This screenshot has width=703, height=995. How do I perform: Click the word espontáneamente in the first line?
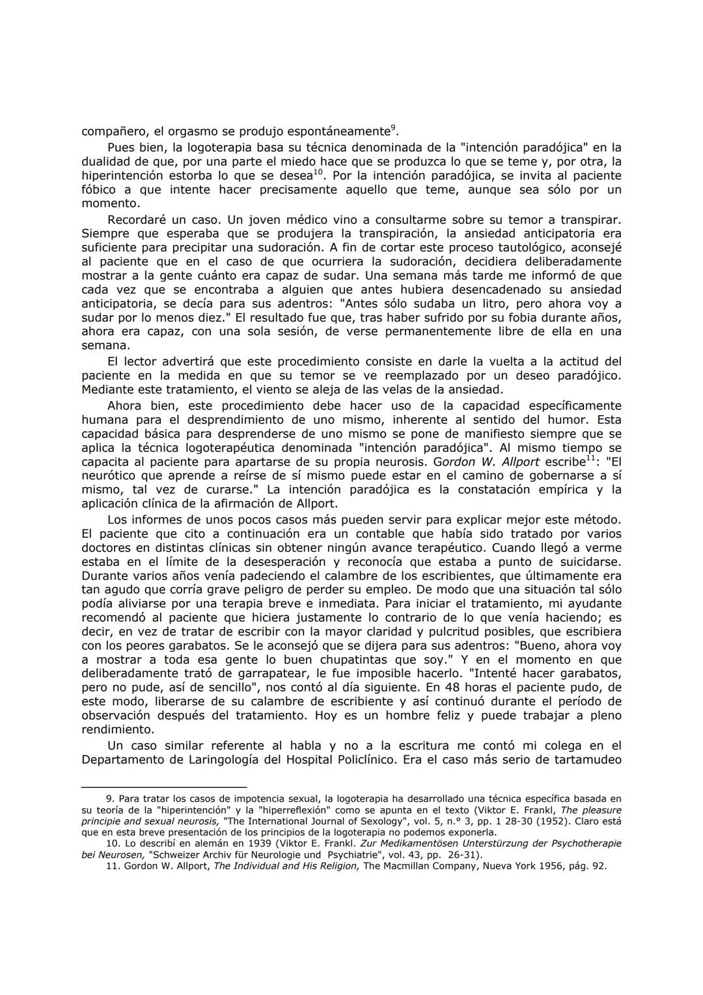click(x=341, y=132)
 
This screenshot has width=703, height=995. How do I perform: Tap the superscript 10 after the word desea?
click(x=318, y=173)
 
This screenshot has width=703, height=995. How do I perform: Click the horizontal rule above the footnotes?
click(x=164, y=787)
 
